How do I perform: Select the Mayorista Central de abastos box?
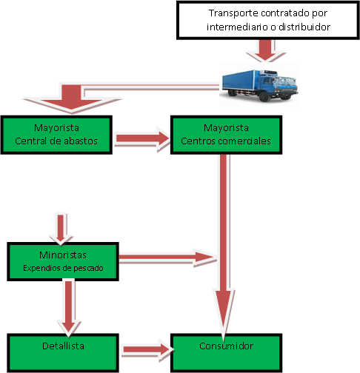tap(57, 134)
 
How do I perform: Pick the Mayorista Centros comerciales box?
tap(226, 134)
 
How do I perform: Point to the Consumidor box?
tap(226, 352)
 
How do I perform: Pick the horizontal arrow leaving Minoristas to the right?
tap(167, 258)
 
